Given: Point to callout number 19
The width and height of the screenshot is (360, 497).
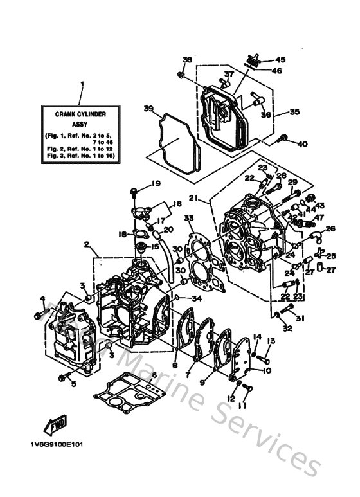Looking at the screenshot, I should coord(155,184).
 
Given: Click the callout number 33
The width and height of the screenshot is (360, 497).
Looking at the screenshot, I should coord(188,219).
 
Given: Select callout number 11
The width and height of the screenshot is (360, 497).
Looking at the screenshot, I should coord(242,406).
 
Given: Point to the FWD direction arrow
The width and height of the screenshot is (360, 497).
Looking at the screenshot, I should coord(57,426).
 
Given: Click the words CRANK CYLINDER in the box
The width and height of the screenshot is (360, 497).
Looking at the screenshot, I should coord(81,114).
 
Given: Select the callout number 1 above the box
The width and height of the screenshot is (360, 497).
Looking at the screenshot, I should coord(82,84).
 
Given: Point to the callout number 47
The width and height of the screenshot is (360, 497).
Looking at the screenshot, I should coord(316,218).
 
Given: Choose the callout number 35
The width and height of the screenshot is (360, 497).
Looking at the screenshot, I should coord(294,111).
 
